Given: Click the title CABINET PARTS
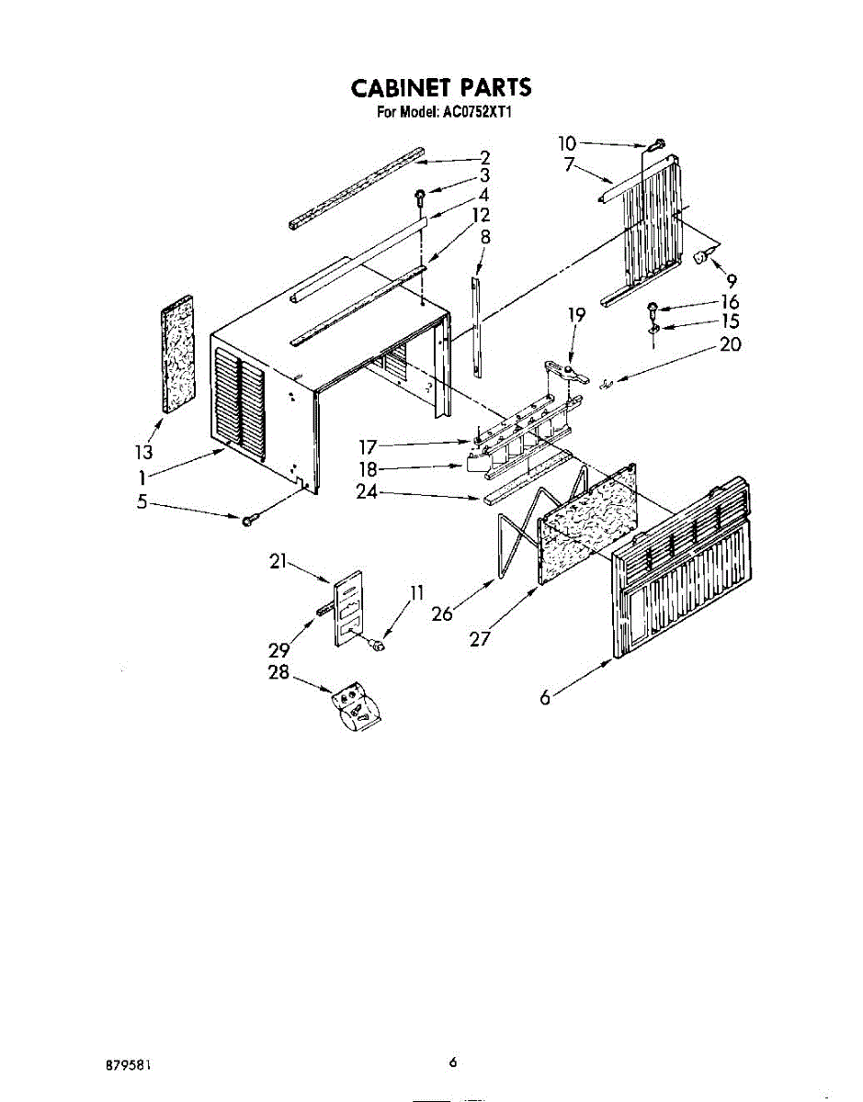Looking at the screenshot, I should [x=440, y=87].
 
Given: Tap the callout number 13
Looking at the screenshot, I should [x=143, y=452].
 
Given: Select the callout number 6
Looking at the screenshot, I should [x=545, y=699].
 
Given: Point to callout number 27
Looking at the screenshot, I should [x=480, y=639].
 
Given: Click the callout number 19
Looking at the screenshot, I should [x=576, y=315].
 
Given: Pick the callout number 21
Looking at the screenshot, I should [x=279, y=561].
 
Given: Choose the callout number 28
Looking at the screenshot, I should [x=278, y=672].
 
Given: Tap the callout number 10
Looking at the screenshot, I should [x=567, y=142].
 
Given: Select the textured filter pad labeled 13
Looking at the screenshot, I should [x=176, y=352].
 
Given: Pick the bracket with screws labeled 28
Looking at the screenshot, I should [x=355, y=707].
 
